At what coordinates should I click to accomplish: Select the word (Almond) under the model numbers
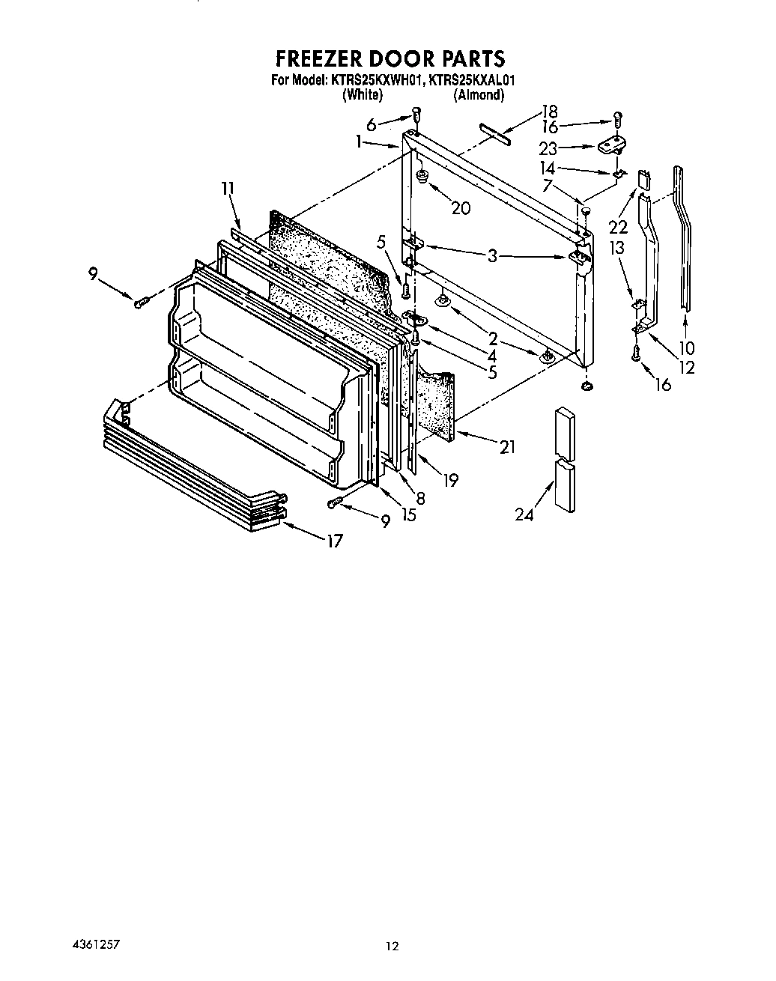[x=478, y=95]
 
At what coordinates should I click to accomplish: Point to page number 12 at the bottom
[x=392, y=946]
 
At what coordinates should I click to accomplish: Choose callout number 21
[x=507, y=447]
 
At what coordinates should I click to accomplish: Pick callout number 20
[x=461, y=207]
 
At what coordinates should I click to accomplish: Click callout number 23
[x=548, y=148]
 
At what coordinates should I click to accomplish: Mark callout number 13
[x=616, y=249]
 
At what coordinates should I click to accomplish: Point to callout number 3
[x=492, y=255]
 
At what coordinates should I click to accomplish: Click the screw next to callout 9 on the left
[x=140, y=302]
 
